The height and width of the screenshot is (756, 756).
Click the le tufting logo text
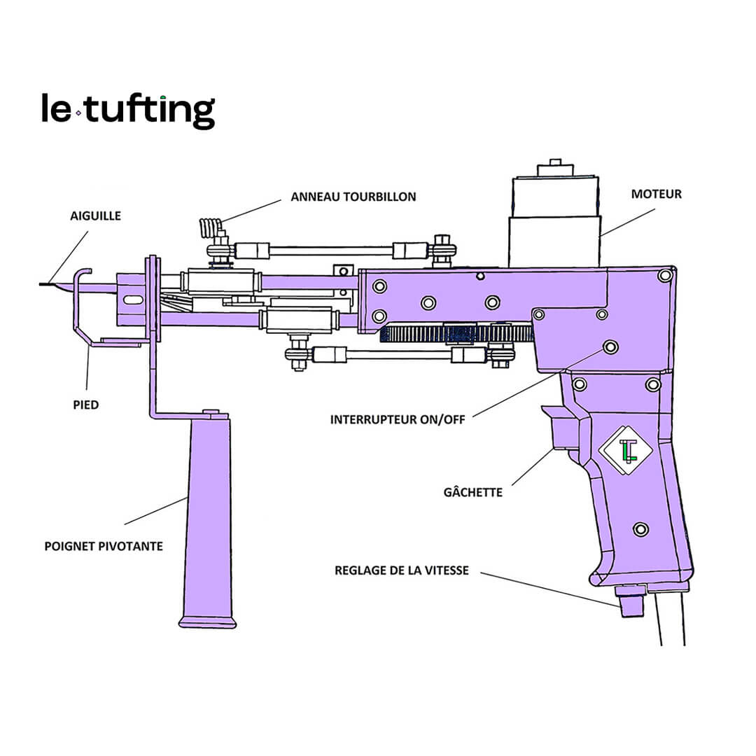(x=128, y=111)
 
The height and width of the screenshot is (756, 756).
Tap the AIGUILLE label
(x=94, y=216)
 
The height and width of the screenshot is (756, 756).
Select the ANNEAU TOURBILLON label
(x=353, y=197)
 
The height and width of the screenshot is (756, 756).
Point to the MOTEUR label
(x=656, y=194)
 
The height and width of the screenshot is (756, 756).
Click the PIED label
(x=85, y=405)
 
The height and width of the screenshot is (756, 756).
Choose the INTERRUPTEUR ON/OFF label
(x=398, y=420)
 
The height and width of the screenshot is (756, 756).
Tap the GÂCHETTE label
(x=473, y=492)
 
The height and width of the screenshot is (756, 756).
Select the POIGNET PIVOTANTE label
(x=104, y=545)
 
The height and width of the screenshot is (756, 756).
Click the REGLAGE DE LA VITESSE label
(x=402, y=570)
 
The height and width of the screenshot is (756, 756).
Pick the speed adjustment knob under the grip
(x=631, y=603)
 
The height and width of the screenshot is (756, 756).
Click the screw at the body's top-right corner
(x=664, y=275)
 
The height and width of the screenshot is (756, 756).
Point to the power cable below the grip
(x=670, y=619)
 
